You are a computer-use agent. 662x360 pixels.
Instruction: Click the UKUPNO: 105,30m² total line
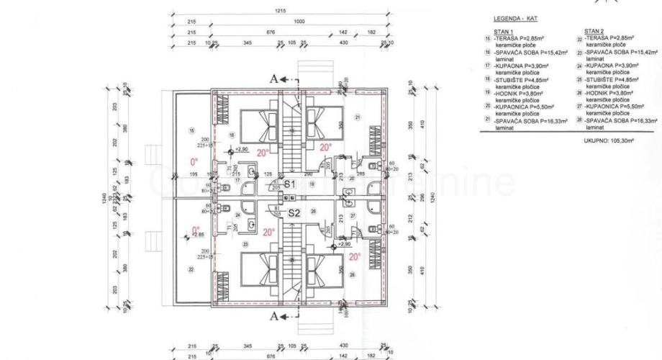pyautogui.click(x=608, y=141)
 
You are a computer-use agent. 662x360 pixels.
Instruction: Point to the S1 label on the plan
pyautogui.click(x=290, y=185)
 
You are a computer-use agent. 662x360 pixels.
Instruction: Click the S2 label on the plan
pyautogui.click(x=294, y=213)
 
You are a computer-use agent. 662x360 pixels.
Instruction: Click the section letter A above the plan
pyautogui.click(x=273, y=79)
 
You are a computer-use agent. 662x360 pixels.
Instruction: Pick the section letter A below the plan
pyautogui.click(x=273, y=315)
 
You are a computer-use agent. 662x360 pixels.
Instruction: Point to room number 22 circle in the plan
pyautogui.click(x=191, y=269)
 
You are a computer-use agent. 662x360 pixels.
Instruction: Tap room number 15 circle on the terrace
pyautogui.click(x=191, y=130)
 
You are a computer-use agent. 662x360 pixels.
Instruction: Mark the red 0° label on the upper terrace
pyautogui.click(x=193, y=162)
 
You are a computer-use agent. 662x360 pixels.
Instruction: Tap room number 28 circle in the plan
pyautogui.click(x=352, y=274)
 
